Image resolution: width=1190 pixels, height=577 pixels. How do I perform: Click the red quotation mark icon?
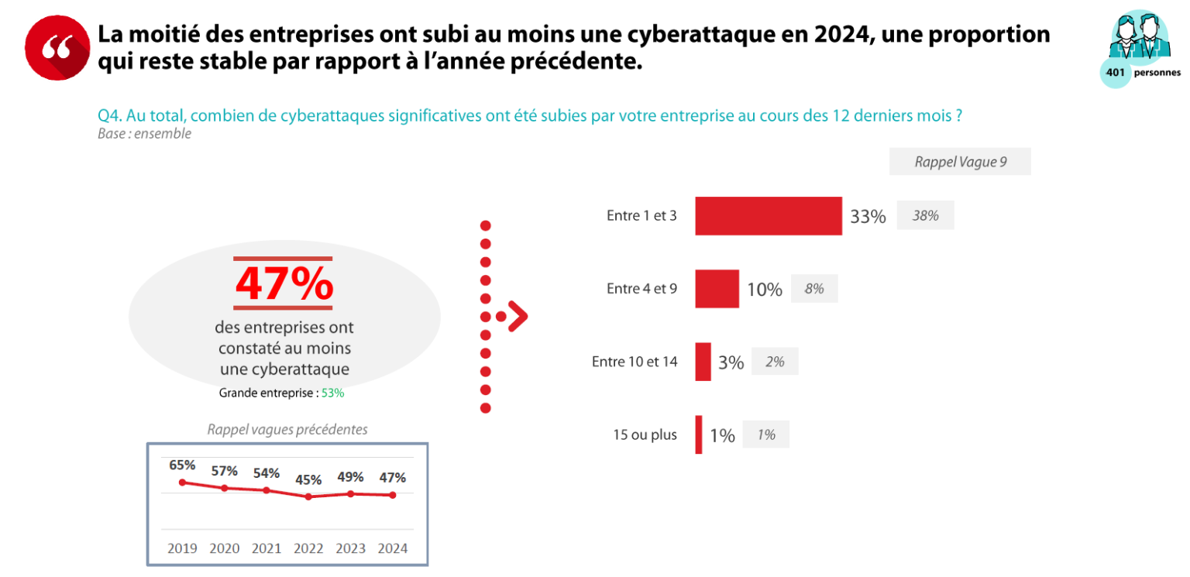coord(57,47)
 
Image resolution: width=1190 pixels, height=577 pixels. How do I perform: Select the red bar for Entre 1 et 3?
coord(768,216)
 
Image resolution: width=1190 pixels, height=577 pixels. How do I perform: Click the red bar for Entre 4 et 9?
coord(717,289)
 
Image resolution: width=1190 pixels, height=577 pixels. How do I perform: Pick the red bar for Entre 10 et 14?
coord(703,362)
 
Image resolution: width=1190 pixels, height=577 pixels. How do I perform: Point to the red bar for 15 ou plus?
coord(699,434)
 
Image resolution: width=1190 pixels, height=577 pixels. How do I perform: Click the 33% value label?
coord(868,217)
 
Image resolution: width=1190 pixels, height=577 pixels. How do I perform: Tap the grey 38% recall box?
coord(925,216)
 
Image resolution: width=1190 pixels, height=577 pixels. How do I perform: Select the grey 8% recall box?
coord(813,289)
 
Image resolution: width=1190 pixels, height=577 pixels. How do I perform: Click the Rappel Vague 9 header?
coord(960,162)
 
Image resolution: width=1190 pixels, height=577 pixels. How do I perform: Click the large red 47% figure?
coord(284,285)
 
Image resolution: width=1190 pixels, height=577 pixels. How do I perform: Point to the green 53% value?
coord(332,393)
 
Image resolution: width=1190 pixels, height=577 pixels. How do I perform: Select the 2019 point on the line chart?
coord(182,483)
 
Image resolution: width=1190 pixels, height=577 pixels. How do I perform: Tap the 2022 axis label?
coord(308,548)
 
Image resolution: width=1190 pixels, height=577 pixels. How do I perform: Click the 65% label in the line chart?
coord(182,465)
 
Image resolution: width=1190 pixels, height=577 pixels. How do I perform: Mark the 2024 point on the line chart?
coord(393,495)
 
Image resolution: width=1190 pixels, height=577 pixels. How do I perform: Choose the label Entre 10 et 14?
coord(635,362)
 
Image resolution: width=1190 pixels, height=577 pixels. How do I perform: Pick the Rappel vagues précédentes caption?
coord(287,429)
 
